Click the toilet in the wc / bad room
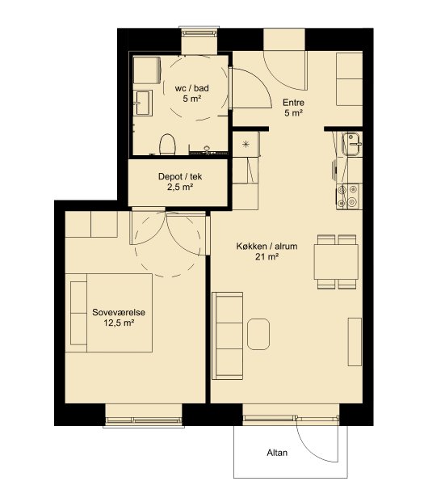[167, 145]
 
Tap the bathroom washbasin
[143, 103]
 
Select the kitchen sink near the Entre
[351, 144]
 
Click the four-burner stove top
[347, 196]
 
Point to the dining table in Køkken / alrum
[336, 262]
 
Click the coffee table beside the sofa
[258, 335]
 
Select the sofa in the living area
[228, 336]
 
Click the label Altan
[277, 453]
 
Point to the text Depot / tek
[180, 176]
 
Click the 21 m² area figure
[267, 256]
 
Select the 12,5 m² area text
[119, 323]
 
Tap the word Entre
[293, 103]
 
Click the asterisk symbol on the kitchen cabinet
[246, 145]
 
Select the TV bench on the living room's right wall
[355, 342]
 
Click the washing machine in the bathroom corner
[147, 70]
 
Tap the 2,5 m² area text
[180, 188]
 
